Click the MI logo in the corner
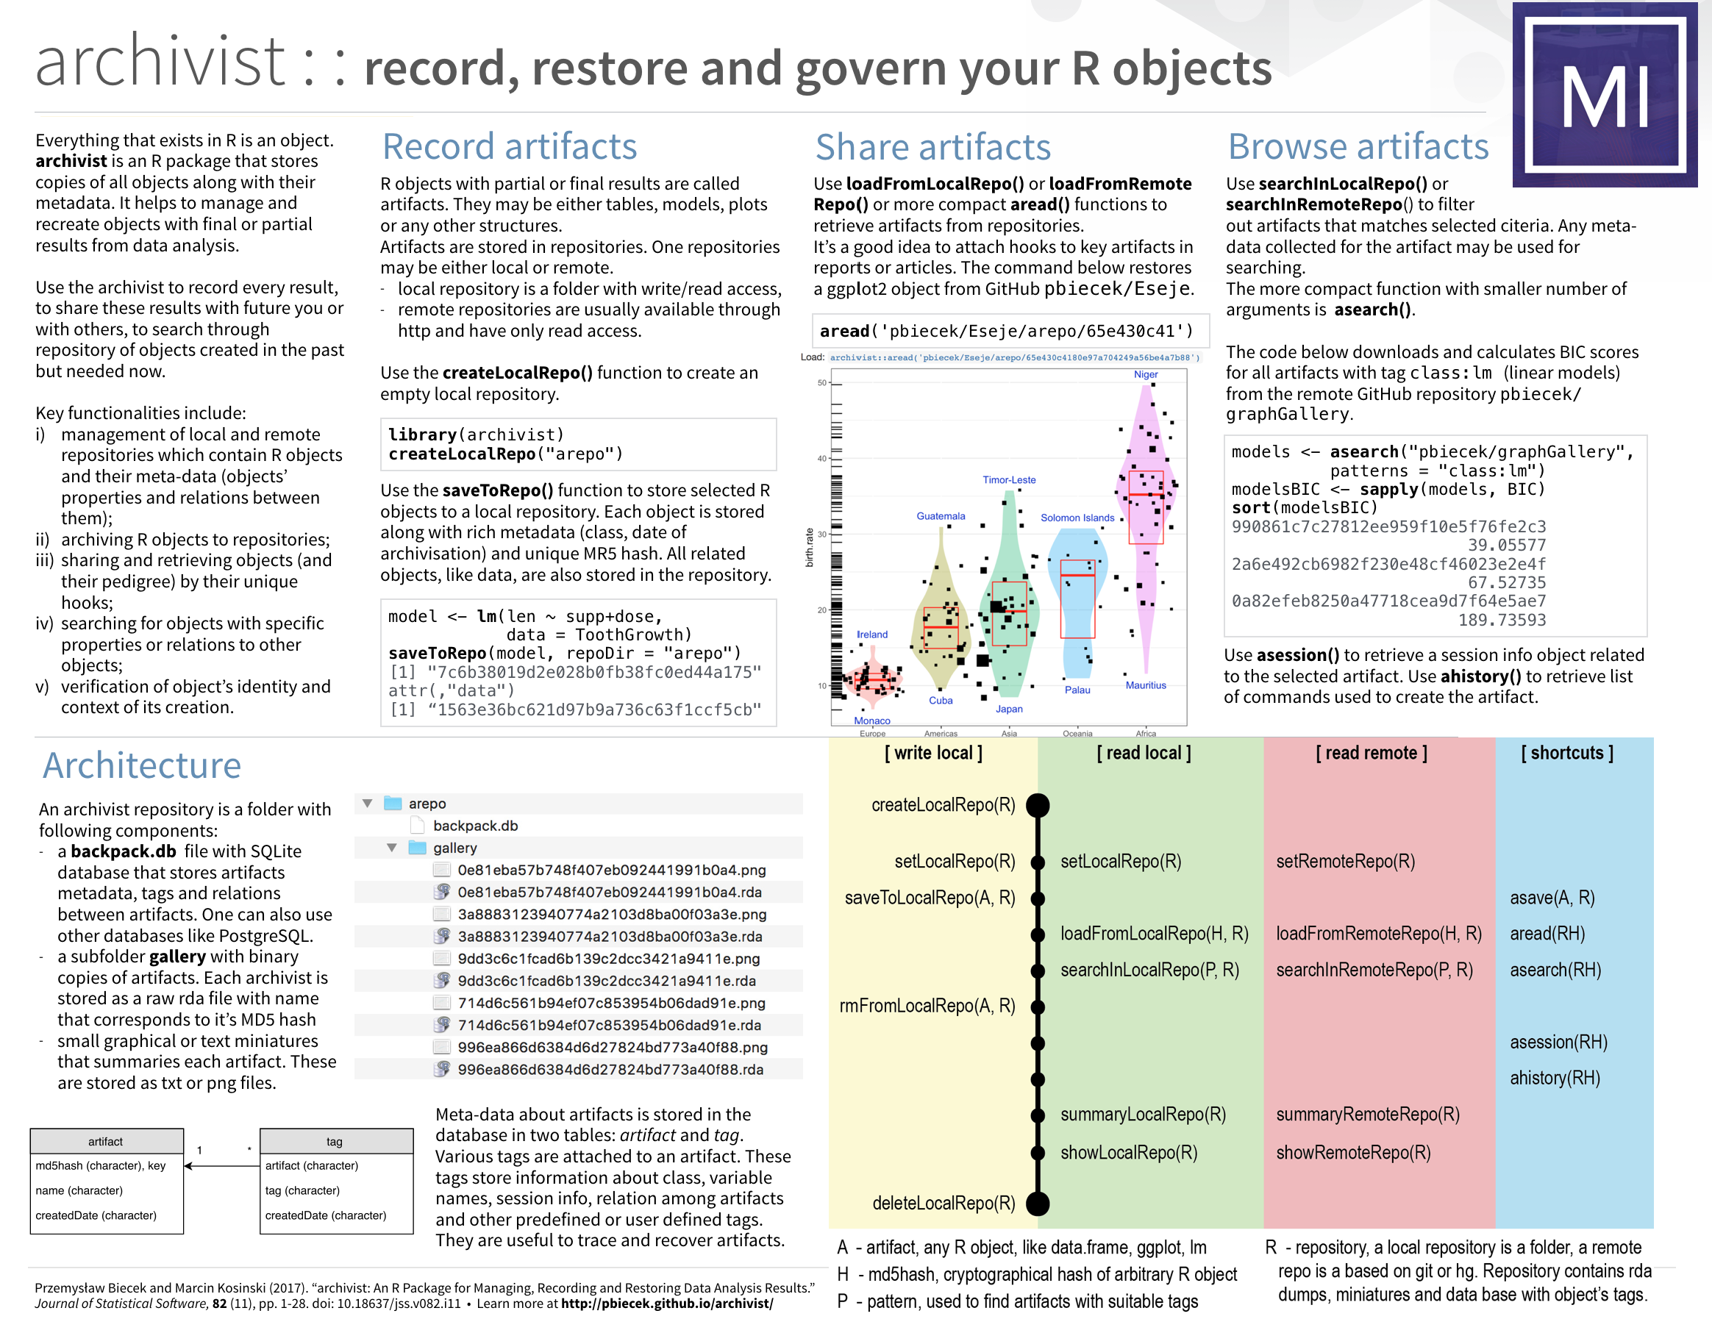[1605, 95]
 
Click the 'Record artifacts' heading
[510, 146]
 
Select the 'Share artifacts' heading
[932, 147]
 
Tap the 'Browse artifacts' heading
[1358, 146]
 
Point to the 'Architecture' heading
[142, 765]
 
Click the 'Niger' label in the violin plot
[1145, 375]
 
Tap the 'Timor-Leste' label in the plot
[1009, 479]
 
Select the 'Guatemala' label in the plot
[941, 515]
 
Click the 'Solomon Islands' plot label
[1077, 518]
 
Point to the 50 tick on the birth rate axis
[822, 383]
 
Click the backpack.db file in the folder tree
[475, 825]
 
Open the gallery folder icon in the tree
[418, 848]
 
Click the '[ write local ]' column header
[932, 752]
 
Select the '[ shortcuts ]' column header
[1567, 752]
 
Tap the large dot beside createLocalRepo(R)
[1038, 805]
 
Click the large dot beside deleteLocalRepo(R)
[1038, 1203]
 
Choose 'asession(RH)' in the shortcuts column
[1558, 1042]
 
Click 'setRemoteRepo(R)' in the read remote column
[1345, 861]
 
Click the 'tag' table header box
[335, 1141]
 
